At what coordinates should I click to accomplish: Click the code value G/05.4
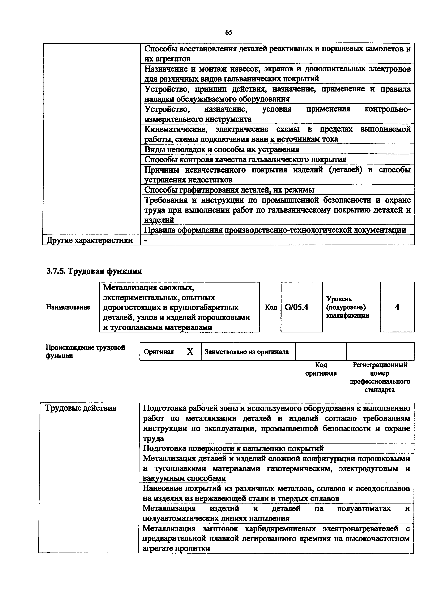click(296, 307)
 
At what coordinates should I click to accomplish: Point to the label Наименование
click(68, 307)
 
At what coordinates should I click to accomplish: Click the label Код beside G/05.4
click(271, 307)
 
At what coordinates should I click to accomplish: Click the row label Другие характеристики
click(90, 240)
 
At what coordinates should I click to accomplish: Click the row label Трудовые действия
click(81, 408)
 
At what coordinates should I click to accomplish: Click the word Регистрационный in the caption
click(380, 365)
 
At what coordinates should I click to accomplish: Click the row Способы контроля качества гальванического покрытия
click(245, 159)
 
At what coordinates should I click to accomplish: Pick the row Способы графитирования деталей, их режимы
click(229, 190)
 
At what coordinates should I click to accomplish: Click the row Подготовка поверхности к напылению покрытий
click(233, 448)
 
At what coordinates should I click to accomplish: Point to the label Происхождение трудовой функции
click(85, 351)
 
